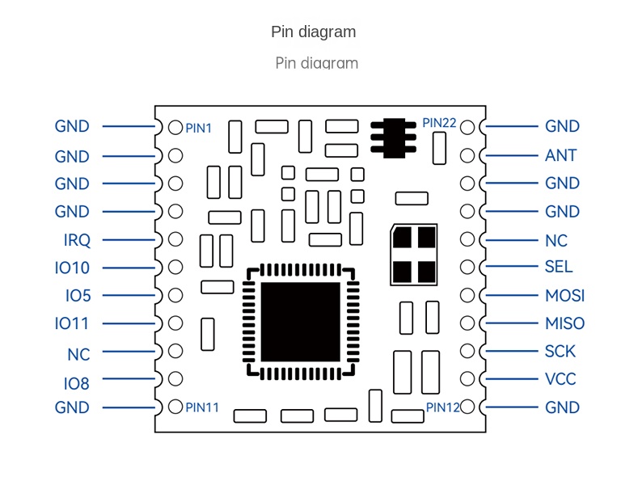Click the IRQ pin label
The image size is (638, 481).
pyautogui.click(x=77, y=240)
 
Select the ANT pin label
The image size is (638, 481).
pyautogui.click(x=561, y=155)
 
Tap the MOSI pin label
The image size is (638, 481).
pyautogui.click(x=564, y=296)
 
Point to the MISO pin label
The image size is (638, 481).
pyautogui.click(x=564, y=323)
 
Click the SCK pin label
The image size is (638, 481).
pyautogui.click(x=561, y=352)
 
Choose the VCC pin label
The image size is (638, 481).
pyautogui.click(x=561, y=379)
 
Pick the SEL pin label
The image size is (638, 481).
pyautogui.click(x=559, y=267)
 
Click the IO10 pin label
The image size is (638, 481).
pyautogui.click(x=72, y=268)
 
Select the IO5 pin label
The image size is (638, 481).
pyautogui.click(x=78, y=296)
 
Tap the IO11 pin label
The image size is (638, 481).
pyautogui.click(x=72, y=323)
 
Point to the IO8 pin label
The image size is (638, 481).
pyautogui.click(x=77, y=383)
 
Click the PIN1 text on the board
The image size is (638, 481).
pyautogui.click(x=199, y=128)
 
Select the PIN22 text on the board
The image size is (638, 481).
pyautogui.click(x=439, y=124)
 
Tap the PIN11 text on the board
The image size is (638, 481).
pyautogui.click(x=202, y=407)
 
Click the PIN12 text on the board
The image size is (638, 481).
pyautogui.click(x=442, y=407)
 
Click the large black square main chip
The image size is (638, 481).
pyautogui.click(x=300, y=321)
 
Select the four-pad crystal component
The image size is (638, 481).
pyautogui.click(x=414, y=254)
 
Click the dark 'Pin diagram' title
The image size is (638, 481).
pyautogui.click(x=313, y=32)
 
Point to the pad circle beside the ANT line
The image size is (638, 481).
pyautogui.click(x=467, y=155)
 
